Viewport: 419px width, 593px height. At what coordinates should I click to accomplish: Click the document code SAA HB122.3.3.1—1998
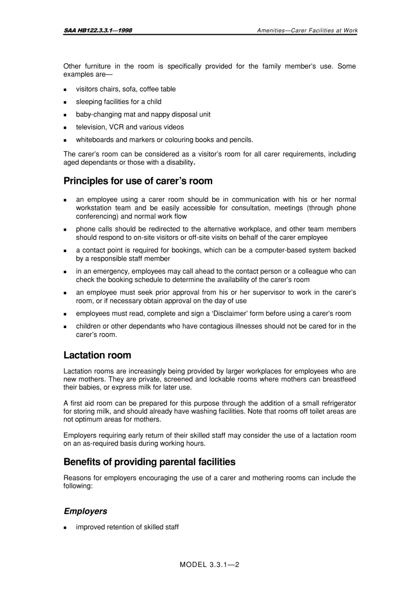97,30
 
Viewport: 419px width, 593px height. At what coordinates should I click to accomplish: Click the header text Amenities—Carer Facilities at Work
307,30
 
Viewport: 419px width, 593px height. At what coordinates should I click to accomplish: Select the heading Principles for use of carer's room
138,181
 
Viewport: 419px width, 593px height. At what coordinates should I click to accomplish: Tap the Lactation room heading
97,355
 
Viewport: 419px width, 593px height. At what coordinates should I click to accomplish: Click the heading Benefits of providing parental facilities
149,462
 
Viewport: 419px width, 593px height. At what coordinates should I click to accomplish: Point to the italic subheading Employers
85,511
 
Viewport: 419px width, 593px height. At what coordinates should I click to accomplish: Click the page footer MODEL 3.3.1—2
209,565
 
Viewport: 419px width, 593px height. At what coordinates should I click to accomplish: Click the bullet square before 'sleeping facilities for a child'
65,102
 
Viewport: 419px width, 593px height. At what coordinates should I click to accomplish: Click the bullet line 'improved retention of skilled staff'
127,527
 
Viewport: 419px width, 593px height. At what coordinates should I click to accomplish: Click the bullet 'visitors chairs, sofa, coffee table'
126,89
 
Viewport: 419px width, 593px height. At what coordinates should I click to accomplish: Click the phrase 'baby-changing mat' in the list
105,115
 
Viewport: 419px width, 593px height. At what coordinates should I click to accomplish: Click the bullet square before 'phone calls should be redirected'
65,230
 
